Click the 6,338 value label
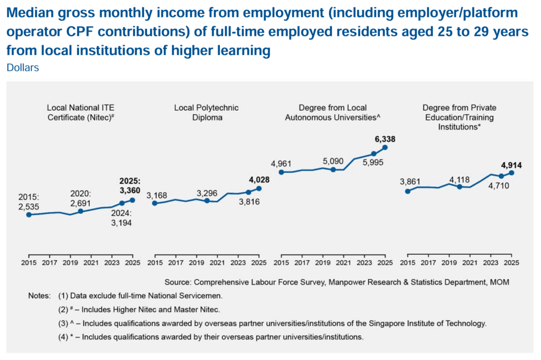point(385,139)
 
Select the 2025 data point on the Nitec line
point(132,200)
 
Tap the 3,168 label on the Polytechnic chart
point(157,195)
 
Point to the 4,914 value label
point(511,165)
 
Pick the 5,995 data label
point(374,163)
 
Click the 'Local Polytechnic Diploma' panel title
point(206,112)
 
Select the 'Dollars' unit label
point(23,68)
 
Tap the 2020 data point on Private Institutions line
point(459,187)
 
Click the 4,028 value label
point(259,179)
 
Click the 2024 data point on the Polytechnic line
point(248,192)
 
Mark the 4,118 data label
point(459,178)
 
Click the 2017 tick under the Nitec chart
point(49,262)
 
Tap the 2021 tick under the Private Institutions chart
point(470,262)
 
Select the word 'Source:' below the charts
point(179,282)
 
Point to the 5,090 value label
point(333,161)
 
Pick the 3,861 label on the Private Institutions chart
point(411,182)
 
